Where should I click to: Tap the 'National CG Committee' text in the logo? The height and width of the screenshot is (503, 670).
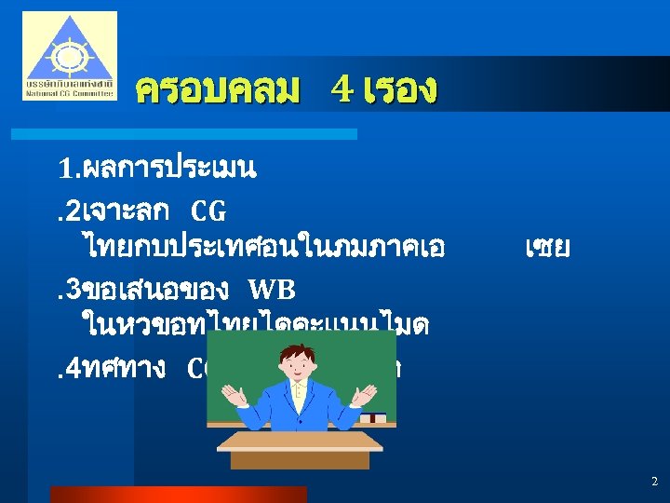point(70,94)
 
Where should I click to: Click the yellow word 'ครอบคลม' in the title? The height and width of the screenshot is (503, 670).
point(218,90)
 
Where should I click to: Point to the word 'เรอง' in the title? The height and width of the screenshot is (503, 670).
point(400,90)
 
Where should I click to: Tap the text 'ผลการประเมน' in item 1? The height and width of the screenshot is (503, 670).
point(169,170)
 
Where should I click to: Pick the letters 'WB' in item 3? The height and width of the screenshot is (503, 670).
point(271,290)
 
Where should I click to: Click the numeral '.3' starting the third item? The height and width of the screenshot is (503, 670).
point(71,290)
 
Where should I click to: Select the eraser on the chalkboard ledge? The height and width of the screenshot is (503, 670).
point(372,417)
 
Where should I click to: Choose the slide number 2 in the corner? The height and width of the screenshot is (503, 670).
point(653,482)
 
